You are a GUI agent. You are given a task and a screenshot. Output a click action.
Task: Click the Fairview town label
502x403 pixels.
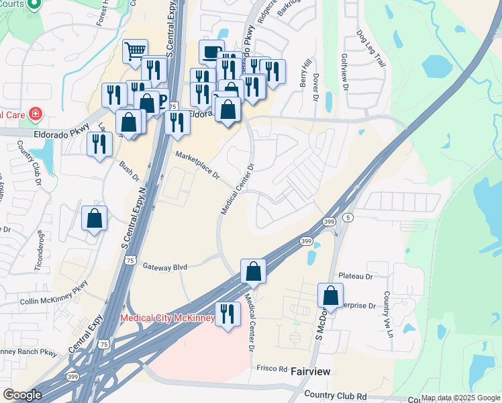click(313, 371)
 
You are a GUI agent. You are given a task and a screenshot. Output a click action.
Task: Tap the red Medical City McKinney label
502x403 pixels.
click(167, 318)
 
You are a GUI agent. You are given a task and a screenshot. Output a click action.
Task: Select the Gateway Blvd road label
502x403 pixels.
click(164, 267)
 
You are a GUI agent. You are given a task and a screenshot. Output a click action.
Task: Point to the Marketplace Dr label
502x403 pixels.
click(198, 165)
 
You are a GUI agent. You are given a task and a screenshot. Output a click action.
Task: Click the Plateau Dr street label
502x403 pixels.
click(355, 276)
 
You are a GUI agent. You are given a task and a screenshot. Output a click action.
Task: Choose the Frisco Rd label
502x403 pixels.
click(272, 369)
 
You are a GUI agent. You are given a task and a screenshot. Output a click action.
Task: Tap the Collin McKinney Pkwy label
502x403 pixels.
click(54, 292)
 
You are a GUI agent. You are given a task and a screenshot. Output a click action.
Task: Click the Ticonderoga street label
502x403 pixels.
click(38, 252)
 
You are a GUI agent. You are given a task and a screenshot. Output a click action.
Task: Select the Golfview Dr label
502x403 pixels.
click(346, 73)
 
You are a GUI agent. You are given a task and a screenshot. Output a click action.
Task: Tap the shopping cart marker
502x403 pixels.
click(136, 50)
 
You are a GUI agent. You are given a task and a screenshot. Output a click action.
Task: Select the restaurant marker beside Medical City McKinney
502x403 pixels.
click(228, 313)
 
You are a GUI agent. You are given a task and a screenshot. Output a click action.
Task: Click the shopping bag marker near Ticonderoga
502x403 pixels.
click(94, 218)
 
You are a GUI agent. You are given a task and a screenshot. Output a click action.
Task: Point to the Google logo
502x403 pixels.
click(22, 395)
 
